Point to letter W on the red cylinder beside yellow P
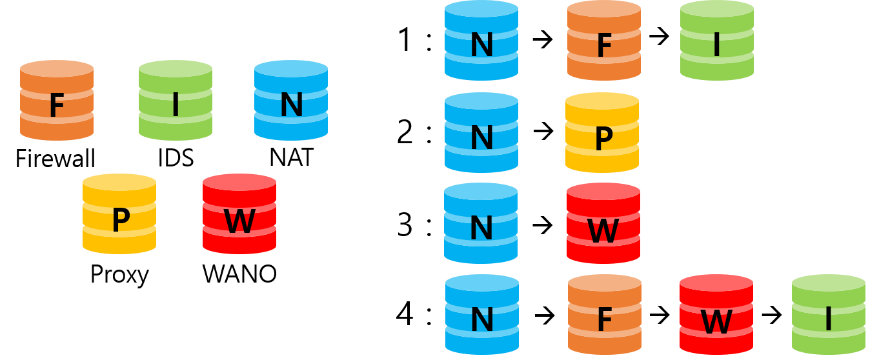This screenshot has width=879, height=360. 239,221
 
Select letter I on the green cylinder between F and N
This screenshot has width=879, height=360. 176,106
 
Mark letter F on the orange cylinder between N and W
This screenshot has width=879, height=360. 604,320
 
